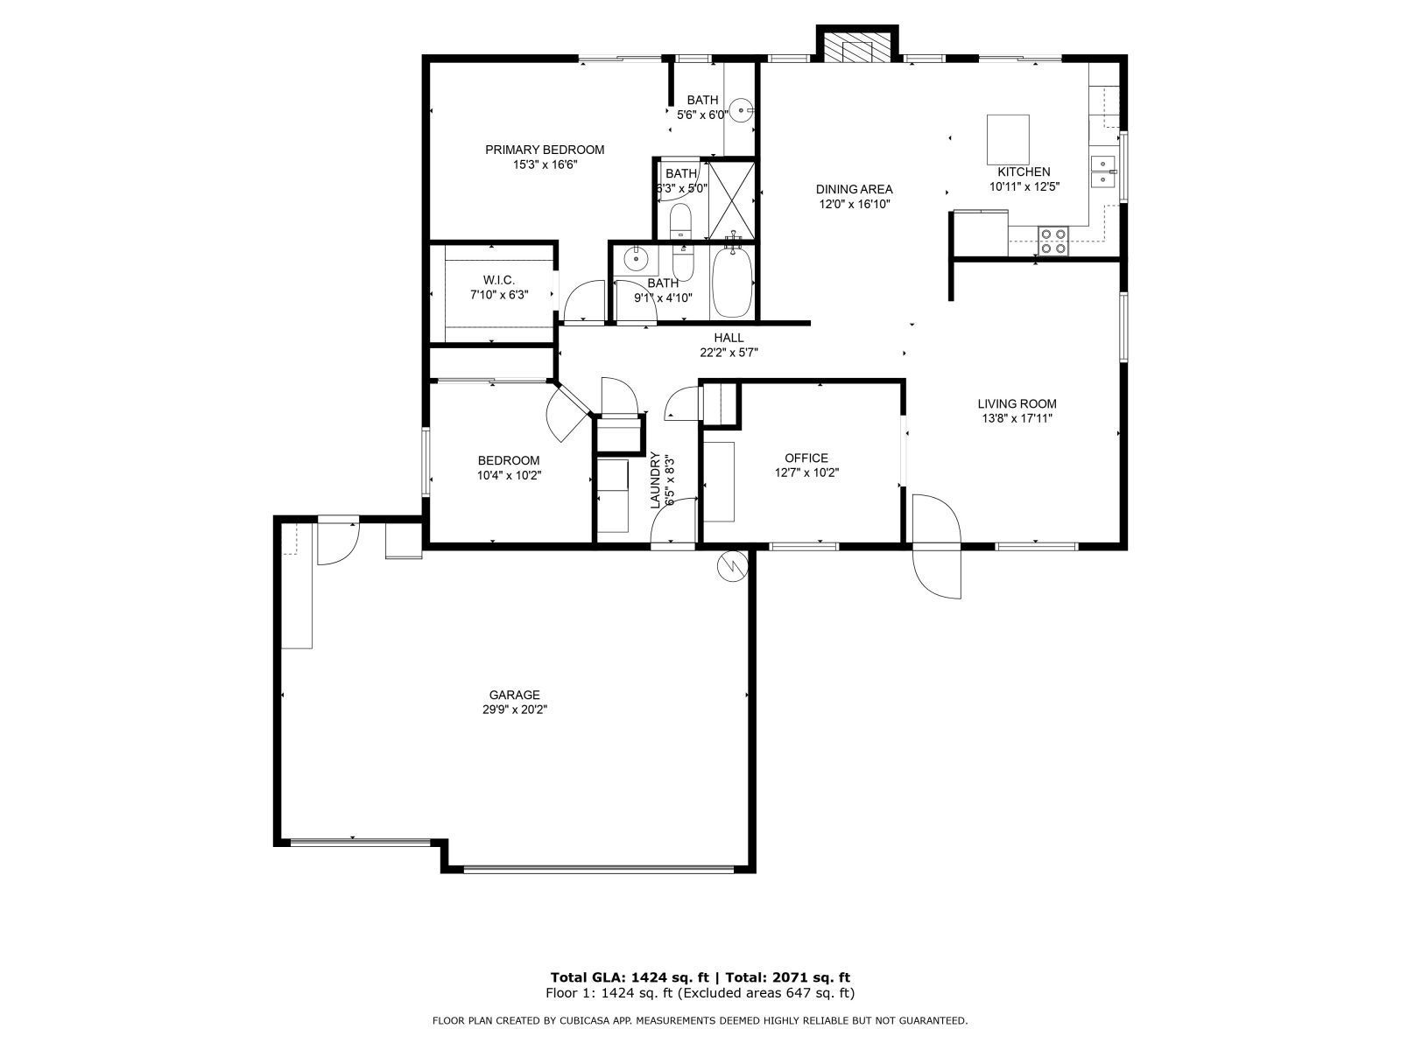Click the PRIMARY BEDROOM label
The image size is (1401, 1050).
pyautogui.click(x=545, y=150)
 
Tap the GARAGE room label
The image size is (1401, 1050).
pyautogui.click(x=515, y=695)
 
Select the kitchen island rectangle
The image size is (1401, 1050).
pyautogui.click(x=1008, y=140)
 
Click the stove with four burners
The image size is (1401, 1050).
pyautogui.click(x=1053, y=241)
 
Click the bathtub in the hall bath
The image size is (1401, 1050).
pyautogui.click(x=733, y=282)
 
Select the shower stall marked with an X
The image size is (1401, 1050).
pyautogui.click(x=731, y=201)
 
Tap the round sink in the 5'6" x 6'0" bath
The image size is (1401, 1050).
pyautogui.click(x=741, y=110)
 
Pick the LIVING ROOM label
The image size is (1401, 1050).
pyautogui.click(x=1017, y=403)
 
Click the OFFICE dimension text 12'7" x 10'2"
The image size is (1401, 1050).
pyautogui.click(x=806, y=473)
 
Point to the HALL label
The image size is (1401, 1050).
pyautogui.click(x=729, y=338)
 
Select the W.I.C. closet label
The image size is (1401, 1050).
pyautogui.click(x=499, y=280)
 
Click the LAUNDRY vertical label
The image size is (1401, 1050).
pyautogui.click(x=655, y=480)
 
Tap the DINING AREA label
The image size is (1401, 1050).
pyautogui.click(x=854, y=189)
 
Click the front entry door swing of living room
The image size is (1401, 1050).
pyautogui.click(x=936, y=546)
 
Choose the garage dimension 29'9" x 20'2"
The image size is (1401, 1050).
pyautogui.click(x=515, y=710)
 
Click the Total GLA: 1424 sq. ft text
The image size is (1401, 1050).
pyautogui.click(x=630, y=977)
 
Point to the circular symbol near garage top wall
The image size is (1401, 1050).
pyautogui.click(x=733, y=565)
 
